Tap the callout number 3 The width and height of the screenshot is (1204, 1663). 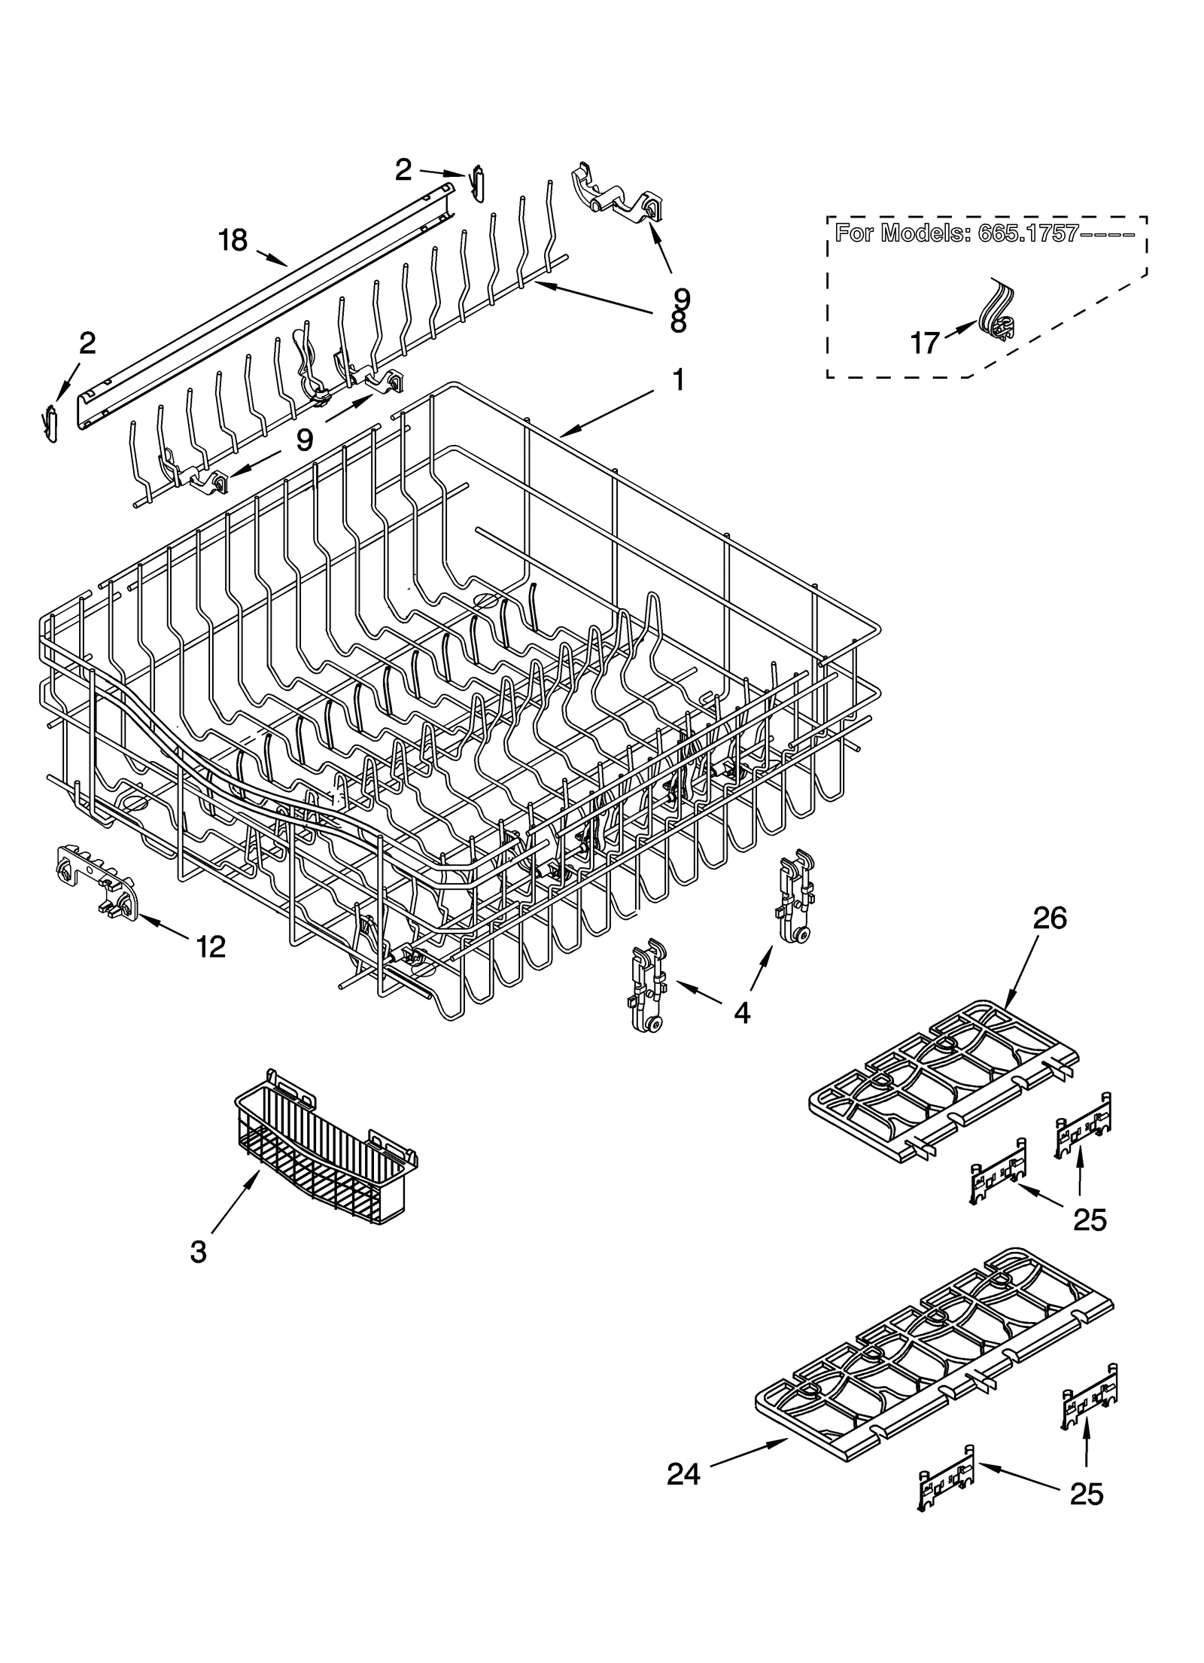(x=197, y=1253)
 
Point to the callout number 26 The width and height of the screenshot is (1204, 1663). (x=1049, y=919)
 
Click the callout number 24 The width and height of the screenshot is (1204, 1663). (x=683, y=1473)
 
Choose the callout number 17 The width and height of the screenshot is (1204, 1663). (x=924, y=343)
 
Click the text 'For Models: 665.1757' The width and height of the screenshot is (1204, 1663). (x=985, y=233)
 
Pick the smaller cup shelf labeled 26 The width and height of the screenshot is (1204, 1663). (x=944, y=1077)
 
